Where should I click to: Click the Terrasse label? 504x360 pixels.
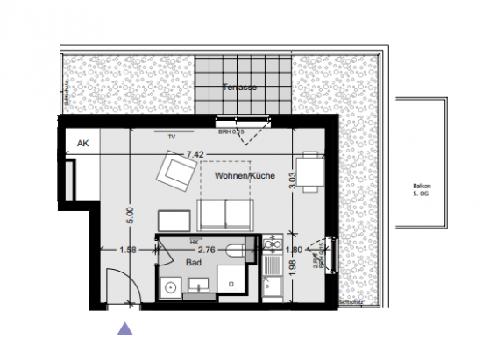[x=238, y=88]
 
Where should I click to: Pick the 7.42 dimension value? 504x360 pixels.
[x=194, y=154]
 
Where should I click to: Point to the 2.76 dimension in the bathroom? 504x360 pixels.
[x=206, y=250]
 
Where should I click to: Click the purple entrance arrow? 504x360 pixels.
[x=126, y=328]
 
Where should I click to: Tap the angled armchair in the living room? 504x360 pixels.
[x=177, y=173]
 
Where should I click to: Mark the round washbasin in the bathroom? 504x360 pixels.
[x=170, y=285]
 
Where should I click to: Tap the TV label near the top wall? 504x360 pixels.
[x=173, y=138]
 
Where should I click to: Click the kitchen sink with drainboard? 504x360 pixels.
[x=272, y=268]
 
